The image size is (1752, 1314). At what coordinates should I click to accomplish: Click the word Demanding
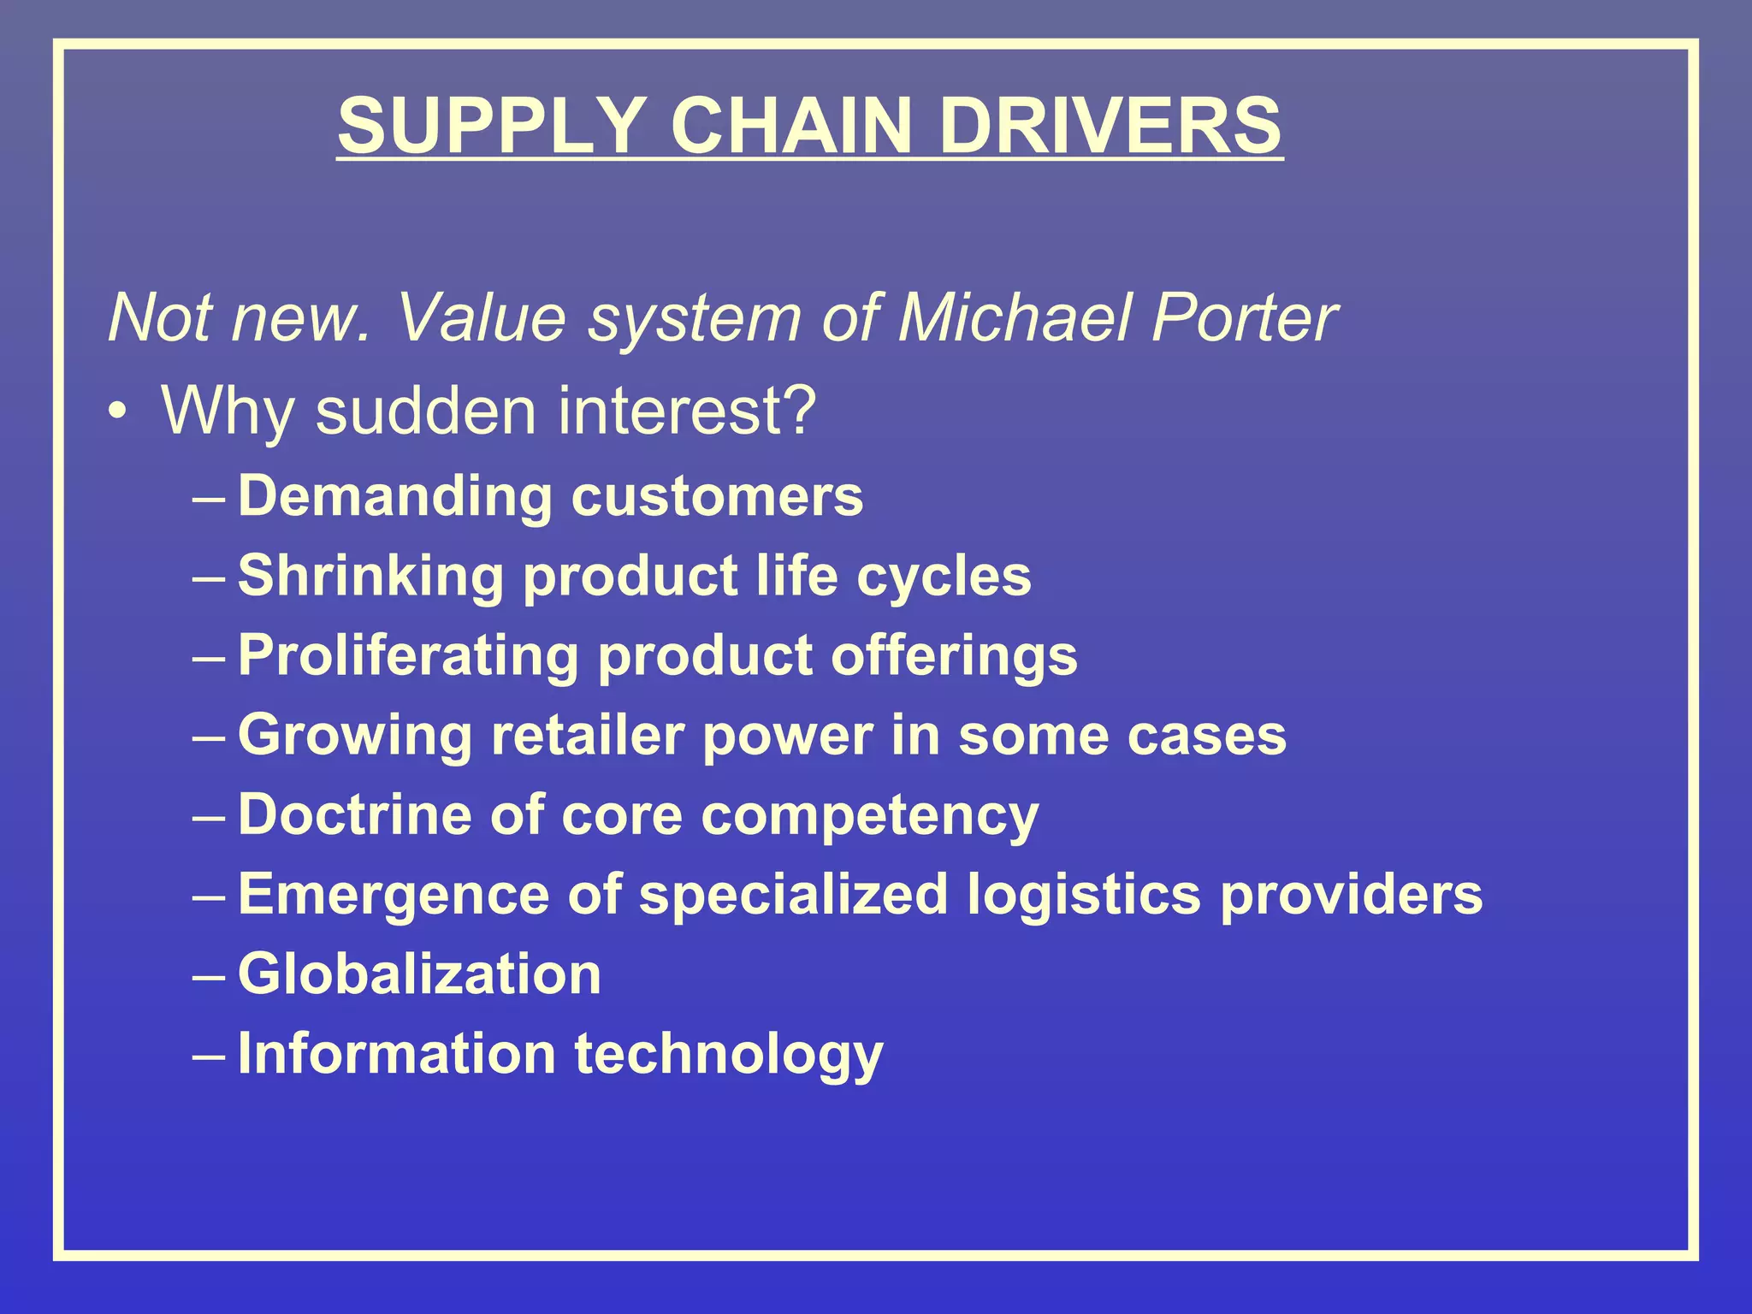(394, 497)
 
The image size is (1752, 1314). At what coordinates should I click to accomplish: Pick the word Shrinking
(370, 576)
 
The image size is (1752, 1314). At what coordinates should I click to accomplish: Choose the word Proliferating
(408, 656)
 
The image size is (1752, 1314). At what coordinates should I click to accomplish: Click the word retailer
(587, 735)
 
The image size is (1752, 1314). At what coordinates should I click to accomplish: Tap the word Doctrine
(354, 814)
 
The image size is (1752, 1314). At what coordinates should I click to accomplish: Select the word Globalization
(420, 974)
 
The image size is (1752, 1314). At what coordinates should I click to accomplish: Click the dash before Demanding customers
(210, 499)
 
